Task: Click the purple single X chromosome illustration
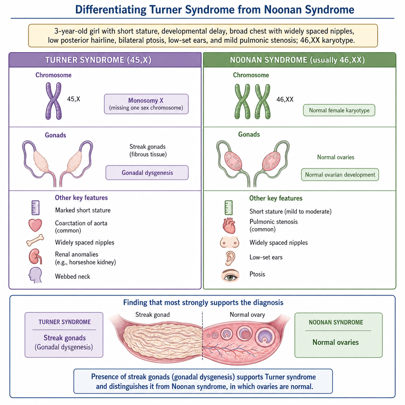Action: tap(53, 101)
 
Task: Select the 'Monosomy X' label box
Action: tap(146, 104)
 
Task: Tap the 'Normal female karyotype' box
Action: tap(339, 110)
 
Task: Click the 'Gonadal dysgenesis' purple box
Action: tap(147, 172)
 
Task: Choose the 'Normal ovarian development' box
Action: tap(340, 174)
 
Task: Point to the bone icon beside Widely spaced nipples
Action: tap(35, 240)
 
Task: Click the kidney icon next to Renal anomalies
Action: tap(35, 256)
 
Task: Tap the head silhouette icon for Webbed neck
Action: tap(35, 275)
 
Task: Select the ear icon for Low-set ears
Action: tap(230, 258)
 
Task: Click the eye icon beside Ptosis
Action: tap(230, 276)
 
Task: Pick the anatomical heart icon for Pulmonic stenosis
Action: tap(229, 225)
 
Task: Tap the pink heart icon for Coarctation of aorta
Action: tap(35, 225)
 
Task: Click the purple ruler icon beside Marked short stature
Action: tap(35, 208)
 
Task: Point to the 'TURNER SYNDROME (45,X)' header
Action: tap(98, 60)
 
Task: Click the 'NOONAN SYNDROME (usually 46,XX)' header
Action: tap(297, 60)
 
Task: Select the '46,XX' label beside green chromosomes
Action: tap(285, 99)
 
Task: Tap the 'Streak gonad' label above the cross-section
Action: tap(152, 314)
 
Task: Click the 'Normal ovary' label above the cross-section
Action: tap(248, 314)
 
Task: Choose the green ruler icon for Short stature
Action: tap(229, 208)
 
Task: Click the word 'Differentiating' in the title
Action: tap(111, 10)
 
